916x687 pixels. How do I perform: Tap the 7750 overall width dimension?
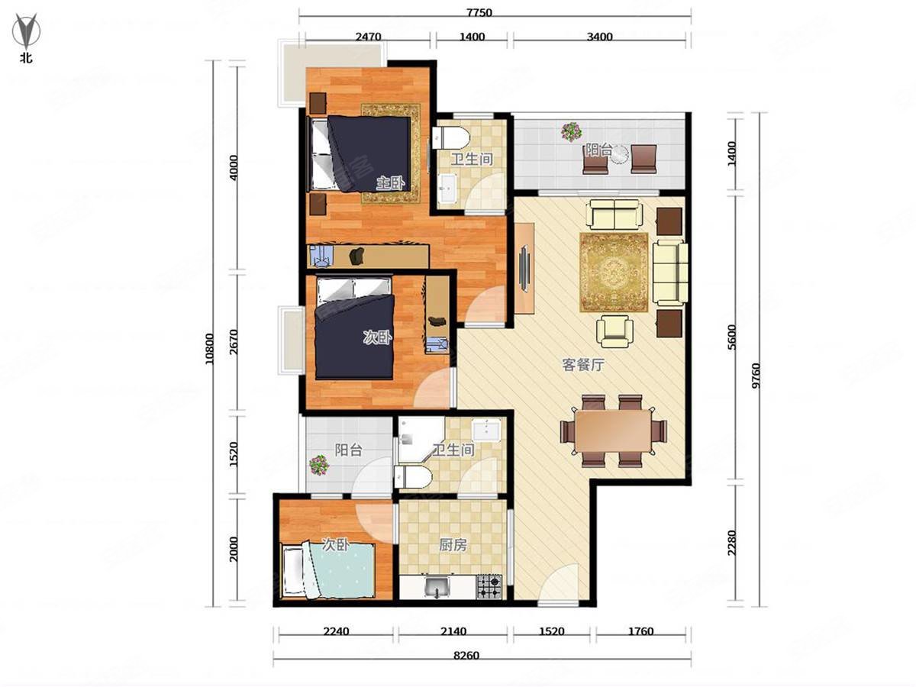pyautogui.click(x=479, y=13)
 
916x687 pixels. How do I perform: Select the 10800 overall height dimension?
pyautogui.click(x=209, y=349)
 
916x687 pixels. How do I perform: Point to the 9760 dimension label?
pyautogui.click(x=756, y=376)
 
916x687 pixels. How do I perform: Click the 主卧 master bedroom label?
pyautogui.click(x=390, y=183)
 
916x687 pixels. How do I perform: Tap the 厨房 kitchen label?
pyautogui.click(x=453, y=545)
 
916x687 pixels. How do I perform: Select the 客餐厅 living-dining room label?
pyautogui.click(x=583, y=365)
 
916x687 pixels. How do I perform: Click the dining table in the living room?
pyautogui.click(x=613, y=431)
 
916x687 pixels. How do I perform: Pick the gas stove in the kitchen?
pyautogui.click(x=489, y=587)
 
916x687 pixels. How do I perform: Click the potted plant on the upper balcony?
pyautogui.click(x=571, y=132)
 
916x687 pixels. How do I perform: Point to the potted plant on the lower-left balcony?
pyautogui.click(x=319, y=465)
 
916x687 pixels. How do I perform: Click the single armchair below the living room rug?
pyautogui.click(x=614, y=331)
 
